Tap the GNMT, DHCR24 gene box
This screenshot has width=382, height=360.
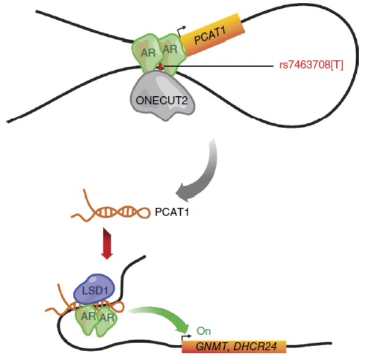coord(235,346)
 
